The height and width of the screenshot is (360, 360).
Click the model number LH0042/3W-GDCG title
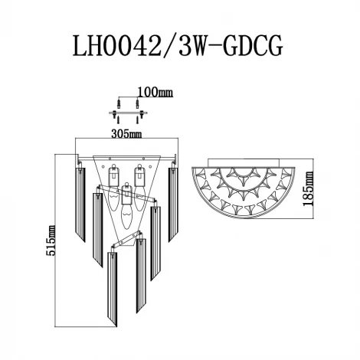[x=178, y=44]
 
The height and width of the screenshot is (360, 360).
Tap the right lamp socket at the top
[x=139, y=174]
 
